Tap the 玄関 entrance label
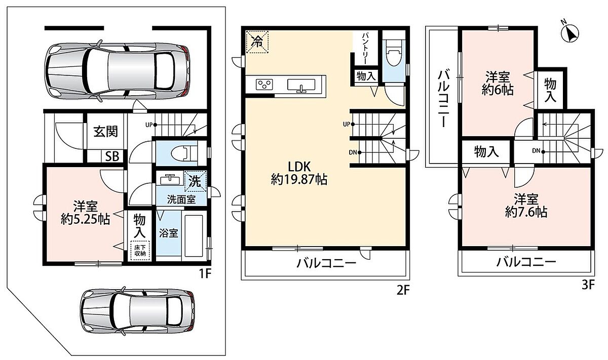click(x=105, y=132)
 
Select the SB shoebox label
click(x=112, y=156)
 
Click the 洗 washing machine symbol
click(x=195, y=181)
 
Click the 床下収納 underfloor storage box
click(x=140, y=251)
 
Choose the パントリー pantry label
click(x=365, y=48)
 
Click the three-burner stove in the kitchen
click(x=264, y=84)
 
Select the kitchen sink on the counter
click(x=301, y=85)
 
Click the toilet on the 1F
click(x=184, y=153)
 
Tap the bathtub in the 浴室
click(x=194, y=235)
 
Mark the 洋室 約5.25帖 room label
click(x=85, y=213)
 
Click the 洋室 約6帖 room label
click(x=498, y=83)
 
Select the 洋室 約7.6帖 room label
click(x=526, y=206)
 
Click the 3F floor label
click(x=588, y=286)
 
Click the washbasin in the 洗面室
click(x=170, y=179)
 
